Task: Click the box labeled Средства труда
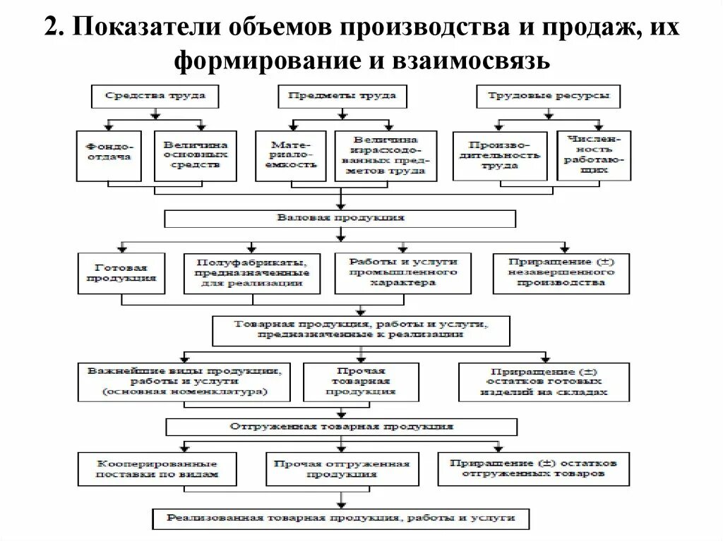click(x=155, y=96)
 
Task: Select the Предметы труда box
click(x=342, y=96)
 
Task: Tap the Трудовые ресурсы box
click(x=549, y=96)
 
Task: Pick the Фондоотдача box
click(x=109, y=155)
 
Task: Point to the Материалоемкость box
click(x=290, y=155)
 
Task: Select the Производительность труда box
click(x=499, y=156)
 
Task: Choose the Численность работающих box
click(x=594, y=155)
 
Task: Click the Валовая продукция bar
click(x=340, y=219)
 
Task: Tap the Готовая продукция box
click(x=121, y=273)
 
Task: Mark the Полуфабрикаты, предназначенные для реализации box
click(x=252, y=273)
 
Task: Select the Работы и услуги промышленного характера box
click(x=402, y=273)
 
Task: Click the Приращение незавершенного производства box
click(x=561, y=273)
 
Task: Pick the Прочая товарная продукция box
click(x=361, y=382)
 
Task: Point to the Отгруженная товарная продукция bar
click(x=341, y=427)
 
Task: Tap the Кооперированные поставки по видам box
click(x=157, y=469)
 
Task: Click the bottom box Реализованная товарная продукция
click(x=341, y=518)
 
